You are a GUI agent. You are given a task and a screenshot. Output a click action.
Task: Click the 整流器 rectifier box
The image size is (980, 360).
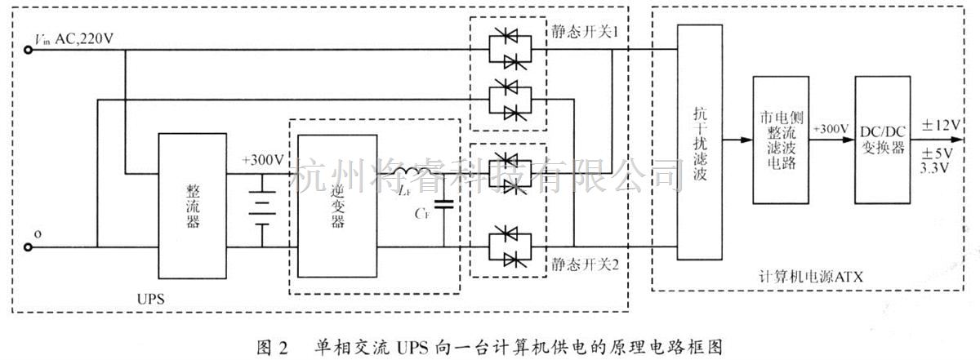tap(194, 206)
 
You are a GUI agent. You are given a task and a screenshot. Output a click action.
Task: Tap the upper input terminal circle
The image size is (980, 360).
tap(29, 50)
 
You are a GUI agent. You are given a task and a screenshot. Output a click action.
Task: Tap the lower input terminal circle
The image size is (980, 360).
tap(29, 247)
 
